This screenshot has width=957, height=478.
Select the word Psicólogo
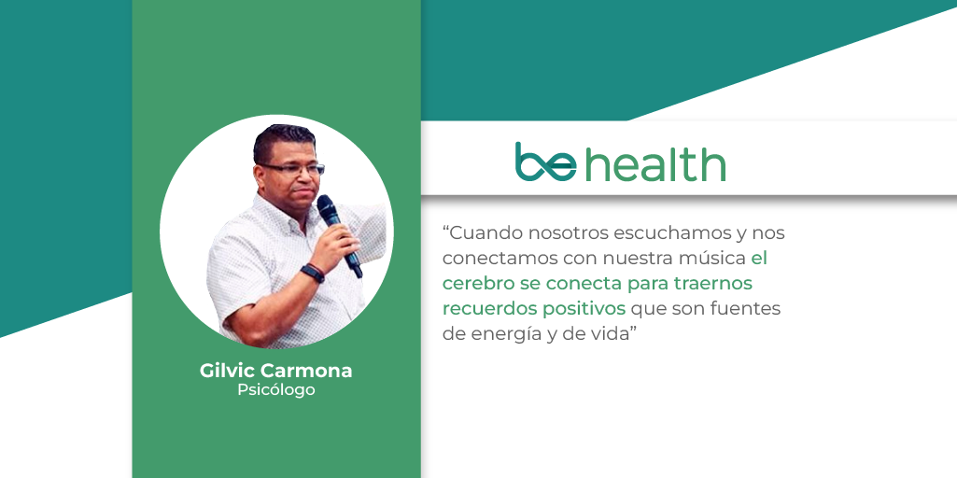275,390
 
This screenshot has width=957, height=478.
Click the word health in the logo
655,162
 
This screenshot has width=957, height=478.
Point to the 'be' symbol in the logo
545,162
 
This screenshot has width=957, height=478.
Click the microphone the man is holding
339,234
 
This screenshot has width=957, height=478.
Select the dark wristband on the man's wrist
313,273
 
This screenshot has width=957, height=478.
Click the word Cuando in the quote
482,233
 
